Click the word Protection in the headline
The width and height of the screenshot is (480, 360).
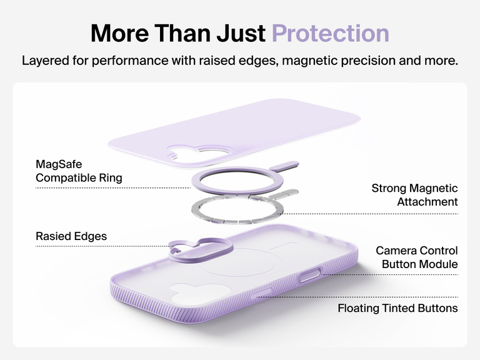pos(331,32)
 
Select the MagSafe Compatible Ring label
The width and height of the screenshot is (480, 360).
pos(79,171)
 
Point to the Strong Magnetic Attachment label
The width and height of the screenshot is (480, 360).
pos(414,195)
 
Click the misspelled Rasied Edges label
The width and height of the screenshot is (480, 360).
pos(71,236)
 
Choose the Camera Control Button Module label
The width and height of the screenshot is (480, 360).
pos(416,257)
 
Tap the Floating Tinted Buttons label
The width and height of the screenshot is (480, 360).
pos(397,308)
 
